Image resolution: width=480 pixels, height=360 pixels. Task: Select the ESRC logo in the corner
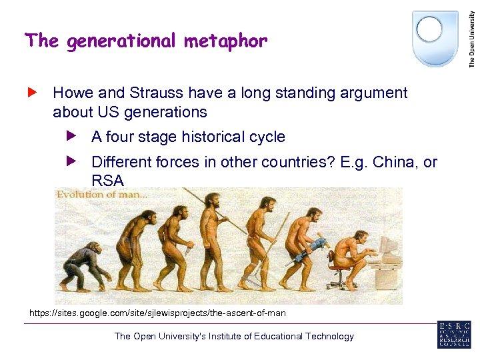pos(453,334)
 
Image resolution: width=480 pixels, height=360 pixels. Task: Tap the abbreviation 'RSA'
pos(107,180)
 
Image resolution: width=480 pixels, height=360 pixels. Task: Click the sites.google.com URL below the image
pos(157,312)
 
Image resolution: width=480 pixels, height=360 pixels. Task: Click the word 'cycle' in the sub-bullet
pos(267,137)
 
